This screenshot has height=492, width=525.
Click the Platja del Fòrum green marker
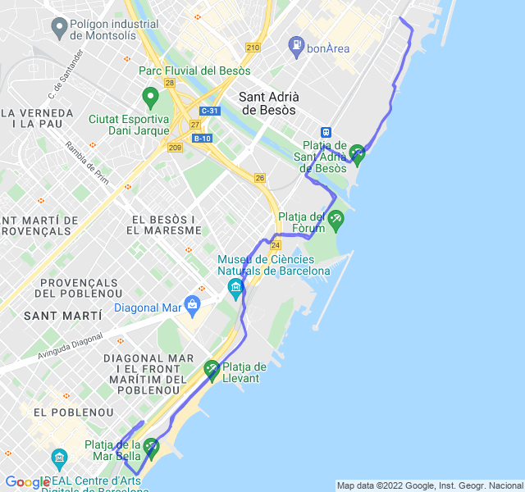[x=336, y=219]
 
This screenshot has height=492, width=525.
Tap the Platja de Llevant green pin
[x=212, y=370]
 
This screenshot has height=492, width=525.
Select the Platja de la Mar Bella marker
[x=151, y=448]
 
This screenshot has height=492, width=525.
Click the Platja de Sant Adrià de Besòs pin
[x=357, y=153]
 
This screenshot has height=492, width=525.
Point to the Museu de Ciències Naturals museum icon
[x=236, y=288]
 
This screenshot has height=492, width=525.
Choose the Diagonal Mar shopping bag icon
[x=192, y=306]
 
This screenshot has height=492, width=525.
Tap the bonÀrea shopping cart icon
[x=296, y=48]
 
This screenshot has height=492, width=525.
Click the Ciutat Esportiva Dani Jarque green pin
[x=150, y=98]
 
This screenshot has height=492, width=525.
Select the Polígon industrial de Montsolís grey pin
[x=59, y=30]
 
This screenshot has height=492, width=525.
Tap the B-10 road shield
[x=202, y=138]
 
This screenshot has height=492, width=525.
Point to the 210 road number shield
[x=253, y=47]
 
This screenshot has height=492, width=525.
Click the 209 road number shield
[x=175, y=148]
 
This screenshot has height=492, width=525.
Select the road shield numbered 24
[x=276, y=244]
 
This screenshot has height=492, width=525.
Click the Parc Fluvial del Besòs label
[x=194, y=71]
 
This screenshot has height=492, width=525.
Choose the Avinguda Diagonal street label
[x=71, y=346]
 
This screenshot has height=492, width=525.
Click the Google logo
[x=27, y=481]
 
